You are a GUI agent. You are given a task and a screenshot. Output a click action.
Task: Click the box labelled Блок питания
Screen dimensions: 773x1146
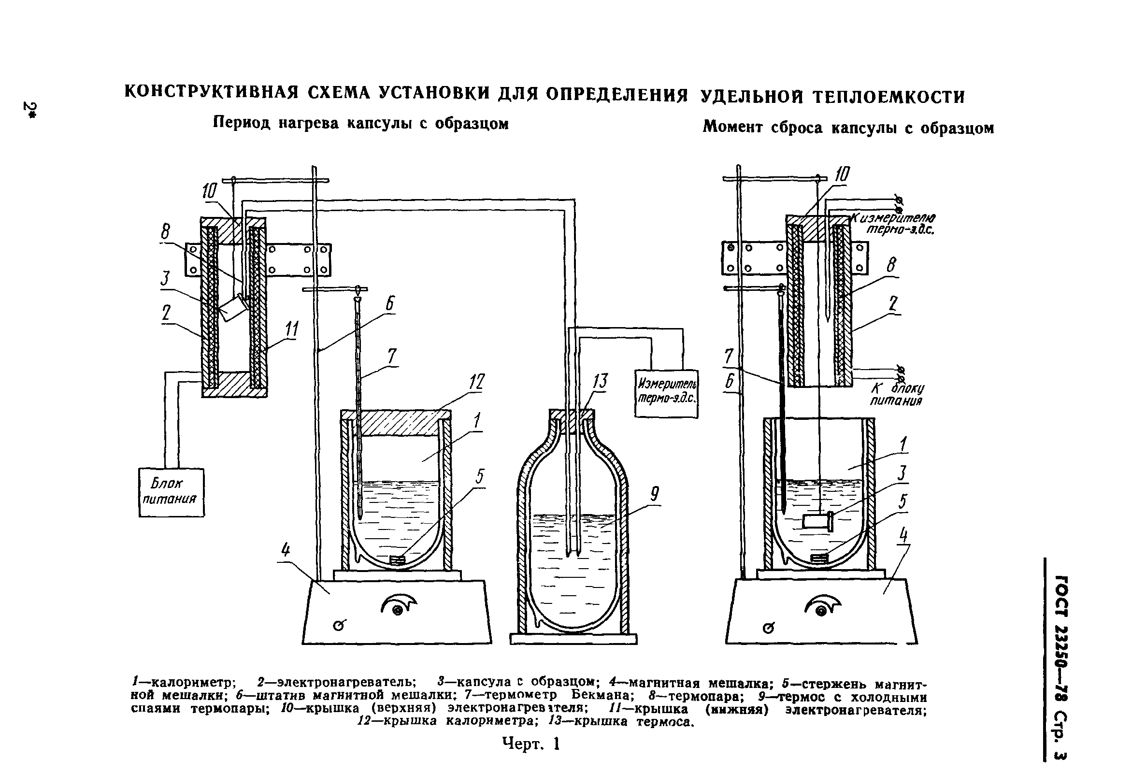point(171,492)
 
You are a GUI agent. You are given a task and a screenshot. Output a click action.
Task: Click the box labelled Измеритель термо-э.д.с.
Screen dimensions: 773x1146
point(666,393)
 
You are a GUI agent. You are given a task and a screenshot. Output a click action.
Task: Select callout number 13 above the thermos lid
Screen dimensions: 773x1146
point(600,381)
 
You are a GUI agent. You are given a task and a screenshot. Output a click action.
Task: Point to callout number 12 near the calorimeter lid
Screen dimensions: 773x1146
point(477,382)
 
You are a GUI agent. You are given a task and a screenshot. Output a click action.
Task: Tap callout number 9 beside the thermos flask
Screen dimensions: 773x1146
point(654,493)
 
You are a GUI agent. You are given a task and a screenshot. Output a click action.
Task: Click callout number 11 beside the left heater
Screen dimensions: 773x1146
point(292,329)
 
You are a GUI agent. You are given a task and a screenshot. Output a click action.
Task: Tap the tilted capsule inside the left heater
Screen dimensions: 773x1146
point(233,309)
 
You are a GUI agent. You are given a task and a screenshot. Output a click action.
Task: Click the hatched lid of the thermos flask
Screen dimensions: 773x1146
point(571,415)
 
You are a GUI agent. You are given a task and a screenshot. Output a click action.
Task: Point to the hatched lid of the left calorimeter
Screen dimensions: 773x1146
point(396,422)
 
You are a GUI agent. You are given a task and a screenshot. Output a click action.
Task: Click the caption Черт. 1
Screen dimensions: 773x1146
point(531,744)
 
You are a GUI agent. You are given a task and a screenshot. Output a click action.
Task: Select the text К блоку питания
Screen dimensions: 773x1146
point(896,394)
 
